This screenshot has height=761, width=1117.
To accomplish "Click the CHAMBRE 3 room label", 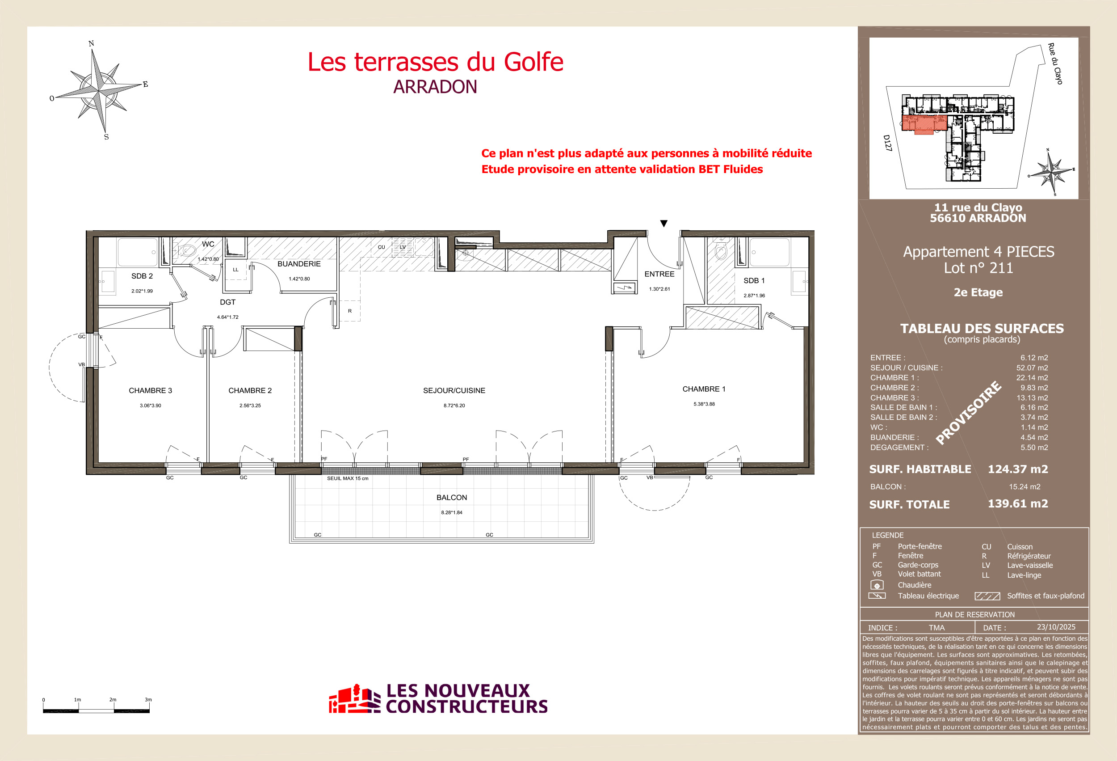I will click(150, 391).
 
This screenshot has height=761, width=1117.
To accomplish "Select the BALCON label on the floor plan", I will click(451, 497).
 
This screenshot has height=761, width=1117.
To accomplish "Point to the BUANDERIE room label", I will click(298, 264).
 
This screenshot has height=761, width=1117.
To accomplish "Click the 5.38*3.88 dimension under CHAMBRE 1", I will click(704, 404).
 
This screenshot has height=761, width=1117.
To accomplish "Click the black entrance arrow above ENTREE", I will click(664, 223).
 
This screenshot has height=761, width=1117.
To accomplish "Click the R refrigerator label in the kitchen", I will click(350, 311).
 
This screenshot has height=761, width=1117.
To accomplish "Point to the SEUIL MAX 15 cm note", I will click(348, 478).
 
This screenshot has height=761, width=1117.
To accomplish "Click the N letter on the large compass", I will click(91, 44).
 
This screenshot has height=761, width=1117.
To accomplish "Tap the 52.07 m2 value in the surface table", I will click(1032, 368).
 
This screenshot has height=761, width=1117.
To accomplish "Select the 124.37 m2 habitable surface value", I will click(1017, 469).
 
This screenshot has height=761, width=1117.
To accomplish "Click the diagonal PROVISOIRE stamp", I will click(969, 413).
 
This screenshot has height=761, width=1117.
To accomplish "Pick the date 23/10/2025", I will click(1056, 627).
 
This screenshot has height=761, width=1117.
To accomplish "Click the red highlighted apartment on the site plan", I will click(923, 123).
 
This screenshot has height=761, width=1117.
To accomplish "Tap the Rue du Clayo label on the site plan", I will click(1055, 64).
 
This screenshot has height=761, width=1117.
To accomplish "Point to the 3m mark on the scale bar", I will click(148, 700).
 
